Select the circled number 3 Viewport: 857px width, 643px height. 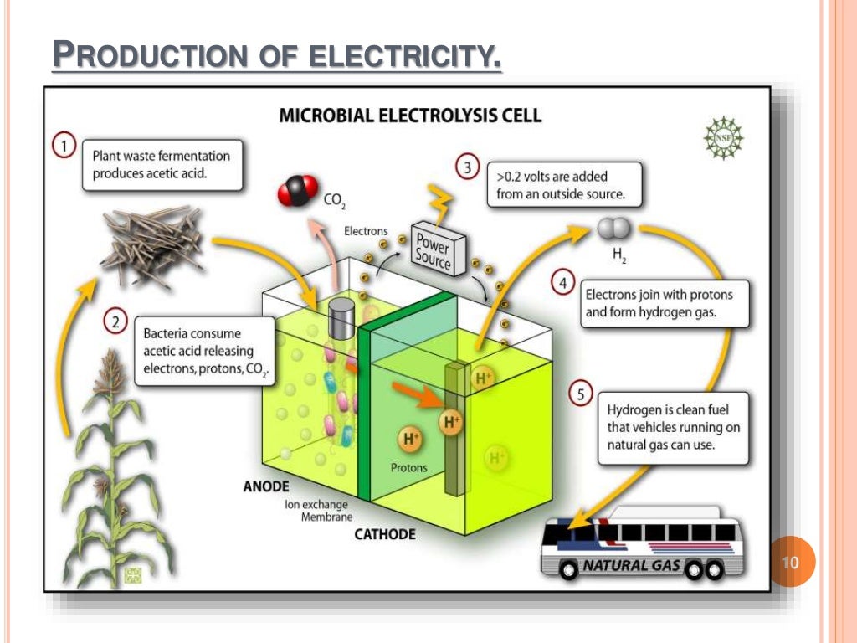(x=467, y=167)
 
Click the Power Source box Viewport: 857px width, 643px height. (x=433, y=248)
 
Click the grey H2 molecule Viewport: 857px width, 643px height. (x=613, y=229)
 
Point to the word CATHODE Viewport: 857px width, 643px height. (x=385, y=533)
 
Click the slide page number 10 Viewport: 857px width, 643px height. (x=790, y=562)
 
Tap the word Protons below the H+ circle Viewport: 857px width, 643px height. (x=409, y=468)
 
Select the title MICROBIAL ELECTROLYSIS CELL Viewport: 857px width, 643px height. (x=410, y=115)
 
